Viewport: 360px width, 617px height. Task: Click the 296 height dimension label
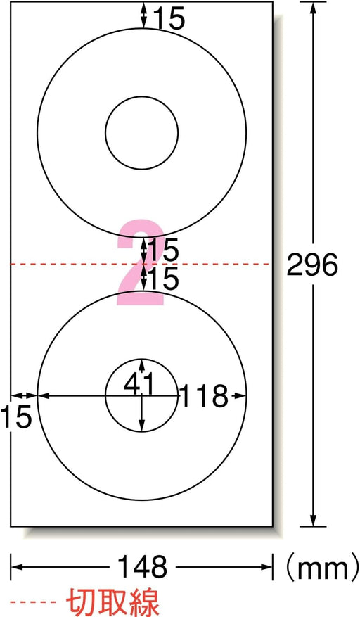point(312,264)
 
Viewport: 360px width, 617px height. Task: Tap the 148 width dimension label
point(143,567)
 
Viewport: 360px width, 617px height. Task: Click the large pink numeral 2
point(141,262)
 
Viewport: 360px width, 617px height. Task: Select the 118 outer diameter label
point(204,395)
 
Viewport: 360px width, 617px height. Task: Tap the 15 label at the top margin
point(168,18)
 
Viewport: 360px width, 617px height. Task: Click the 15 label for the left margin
point(15,416)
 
